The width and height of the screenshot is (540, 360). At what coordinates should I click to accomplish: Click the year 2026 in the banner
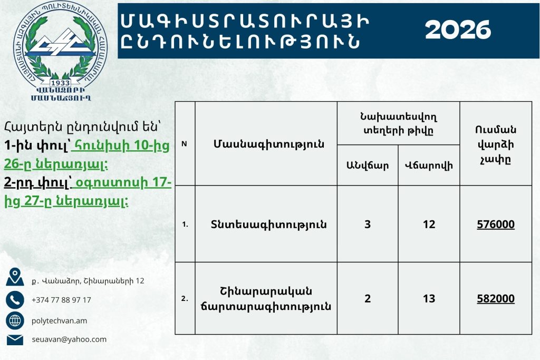[x=458, y=30]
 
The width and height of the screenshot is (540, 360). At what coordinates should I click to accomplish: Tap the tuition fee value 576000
[x=496, y=225]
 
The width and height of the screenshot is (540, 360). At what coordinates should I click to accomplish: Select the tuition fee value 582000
[x=496, y=298]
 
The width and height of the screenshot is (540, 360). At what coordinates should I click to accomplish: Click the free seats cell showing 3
[x=368, y=225]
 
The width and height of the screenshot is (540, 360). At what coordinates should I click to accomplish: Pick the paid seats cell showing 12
[x=429, y=225]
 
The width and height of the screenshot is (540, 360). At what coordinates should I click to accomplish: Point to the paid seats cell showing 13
[x=429, y=298]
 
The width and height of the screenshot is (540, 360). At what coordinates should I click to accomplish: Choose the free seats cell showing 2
[x=368, y=298]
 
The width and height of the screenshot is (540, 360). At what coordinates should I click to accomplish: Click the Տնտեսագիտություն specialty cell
[x=268, y=225]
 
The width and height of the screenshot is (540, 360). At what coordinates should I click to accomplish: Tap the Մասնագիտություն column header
[x=268, y=144]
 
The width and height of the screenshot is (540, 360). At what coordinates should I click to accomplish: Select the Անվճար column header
[x=368, y=166]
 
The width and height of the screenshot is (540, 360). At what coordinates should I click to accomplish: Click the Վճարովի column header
[x=429, y=166]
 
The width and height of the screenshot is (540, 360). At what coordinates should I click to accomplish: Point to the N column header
[x=184, y=144]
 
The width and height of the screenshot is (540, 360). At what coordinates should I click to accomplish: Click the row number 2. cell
[x=185, y=298]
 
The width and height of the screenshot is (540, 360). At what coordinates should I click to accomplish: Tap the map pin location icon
[x=15, y=277]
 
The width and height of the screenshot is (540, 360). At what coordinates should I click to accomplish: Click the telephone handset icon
[x=15, y=300]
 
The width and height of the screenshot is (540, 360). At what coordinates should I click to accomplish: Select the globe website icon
[x=15, y=321]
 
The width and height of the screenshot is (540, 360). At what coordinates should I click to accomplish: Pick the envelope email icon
[x=15, y=339]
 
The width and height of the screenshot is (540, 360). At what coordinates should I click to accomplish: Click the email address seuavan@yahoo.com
[x=69, y=339]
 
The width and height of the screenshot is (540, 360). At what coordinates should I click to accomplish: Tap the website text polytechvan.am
[x=59, y=321]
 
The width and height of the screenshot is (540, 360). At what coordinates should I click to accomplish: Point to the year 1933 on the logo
[x=60, y=83]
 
